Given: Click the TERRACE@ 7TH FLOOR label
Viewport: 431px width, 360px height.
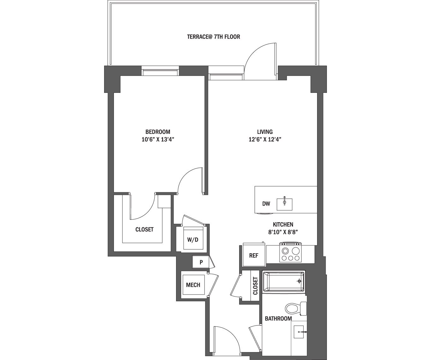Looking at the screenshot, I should (213, 37).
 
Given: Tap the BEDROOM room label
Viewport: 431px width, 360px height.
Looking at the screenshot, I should (158, 132).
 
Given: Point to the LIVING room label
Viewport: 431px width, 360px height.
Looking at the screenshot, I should (264, 132).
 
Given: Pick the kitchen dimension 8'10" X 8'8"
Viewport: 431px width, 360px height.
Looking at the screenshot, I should (283, 232).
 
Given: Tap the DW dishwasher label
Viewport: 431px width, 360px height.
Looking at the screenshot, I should (266, 204).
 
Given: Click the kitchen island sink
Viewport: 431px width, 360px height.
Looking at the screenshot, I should (285, 204).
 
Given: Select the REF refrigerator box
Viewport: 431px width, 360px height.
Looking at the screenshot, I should (254, 255).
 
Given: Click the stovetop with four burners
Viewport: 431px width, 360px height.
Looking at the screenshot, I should (291, 254).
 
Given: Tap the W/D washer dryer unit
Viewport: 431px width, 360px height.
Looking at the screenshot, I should (193, 239).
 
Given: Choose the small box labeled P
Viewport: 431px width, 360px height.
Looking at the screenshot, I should (201, 262).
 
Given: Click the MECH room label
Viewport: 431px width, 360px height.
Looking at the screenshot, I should (193, 285).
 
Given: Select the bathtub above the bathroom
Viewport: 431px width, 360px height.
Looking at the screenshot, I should (284, 281).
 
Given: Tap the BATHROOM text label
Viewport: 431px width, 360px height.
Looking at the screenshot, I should (278, 319).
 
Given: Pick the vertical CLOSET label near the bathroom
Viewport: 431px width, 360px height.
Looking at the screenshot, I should (255, 286).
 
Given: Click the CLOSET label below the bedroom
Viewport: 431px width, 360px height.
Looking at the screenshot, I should (144, 230).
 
